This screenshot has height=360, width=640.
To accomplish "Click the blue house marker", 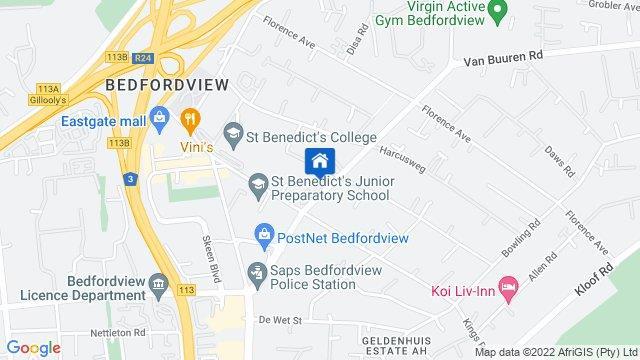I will pos(319,161).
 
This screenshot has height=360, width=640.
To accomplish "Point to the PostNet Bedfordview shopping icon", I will pos(264,235).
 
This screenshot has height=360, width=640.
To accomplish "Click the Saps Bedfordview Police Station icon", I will pos(258,270).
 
